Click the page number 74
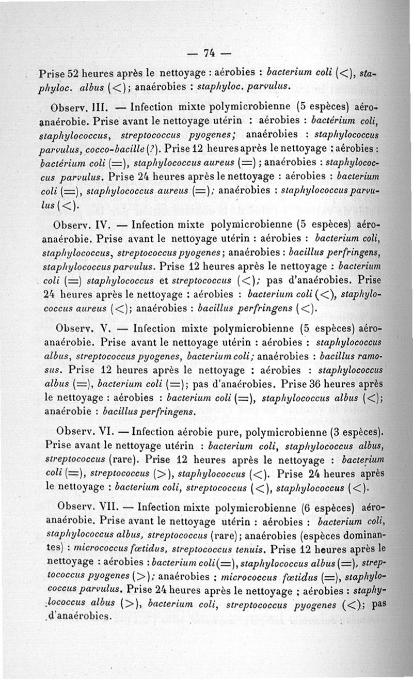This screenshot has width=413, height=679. click(x=209, y=53)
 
